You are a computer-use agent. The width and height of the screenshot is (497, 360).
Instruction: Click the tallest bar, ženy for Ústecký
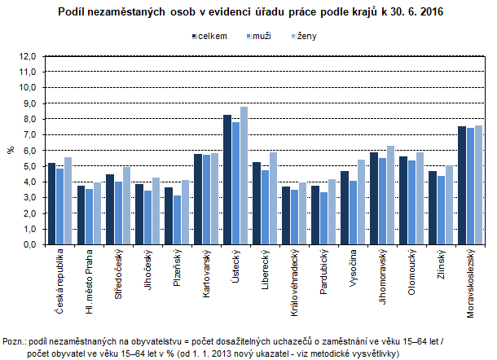244,175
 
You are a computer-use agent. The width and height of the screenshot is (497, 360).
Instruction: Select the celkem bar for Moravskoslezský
461,185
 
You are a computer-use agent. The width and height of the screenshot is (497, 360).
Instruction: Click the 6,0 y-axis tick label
29,151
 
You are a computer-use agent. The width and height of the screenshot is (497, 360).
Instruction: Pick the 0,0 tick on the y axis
29,244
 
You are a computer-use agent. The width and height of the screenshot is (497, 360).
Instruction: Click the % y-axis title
11,151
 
